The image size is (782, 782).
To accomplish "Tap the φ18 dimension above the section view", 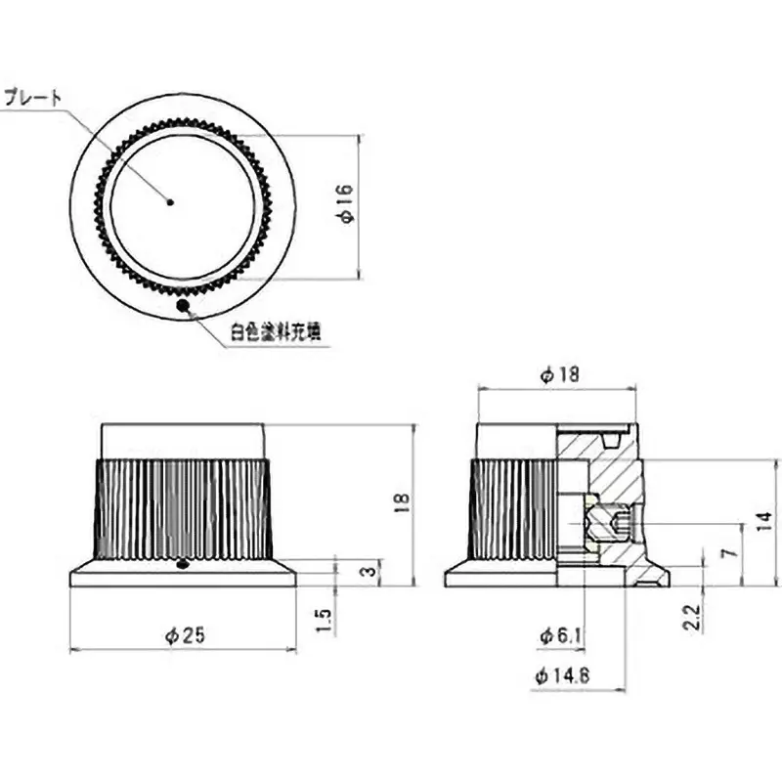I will point(560,374).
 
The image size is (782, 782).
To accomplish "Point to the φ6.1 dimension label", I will point(562,636).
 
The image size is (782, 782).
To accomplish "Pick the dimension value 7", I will point(725,553).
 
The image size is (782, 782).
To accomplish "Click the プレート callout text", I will point(35,97).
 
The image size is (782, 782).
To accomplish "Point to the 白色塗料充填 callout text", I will point(276,332).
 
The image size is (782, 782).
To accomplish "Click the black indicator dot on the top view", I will point(182,306).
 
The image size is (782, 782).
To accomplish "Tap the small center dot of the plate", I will point(171,202).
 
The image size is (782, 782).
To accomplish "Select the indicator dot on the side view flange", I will point(184,563).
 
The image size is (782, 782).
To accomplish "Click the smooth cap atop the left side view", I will point(183,440).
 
